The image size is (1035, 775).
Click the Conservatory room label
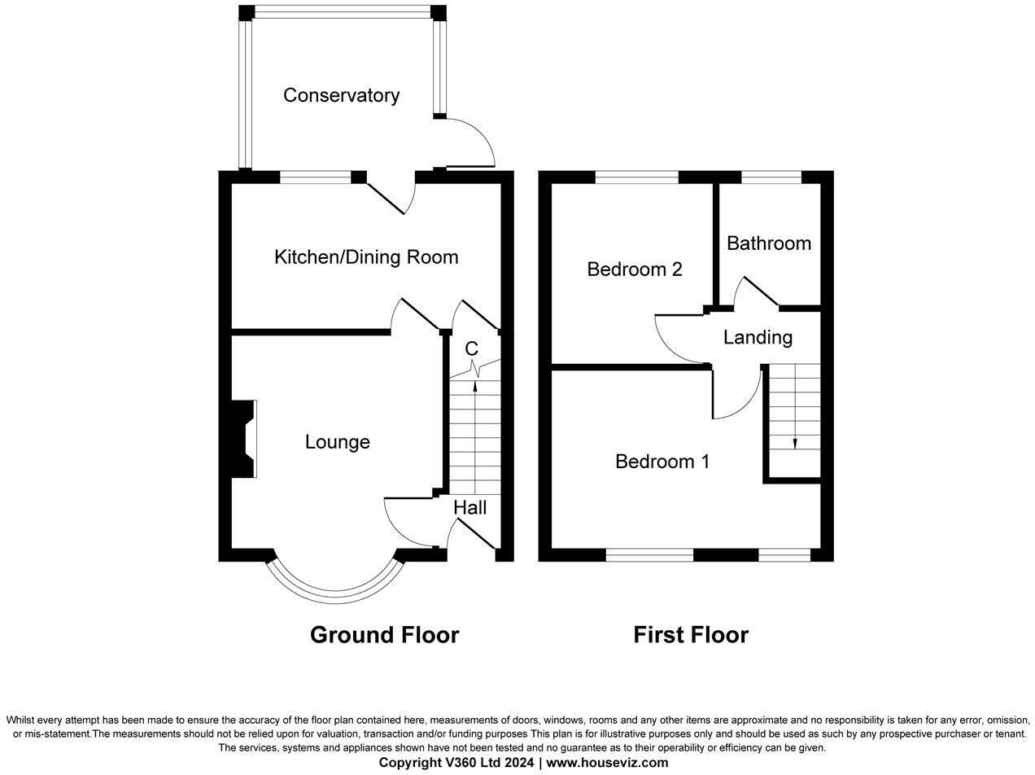click(x=341, y=95)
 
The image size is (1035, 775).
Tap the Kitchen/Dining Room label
click(x=366, y=257)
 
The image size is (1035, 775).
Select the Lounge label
click(x=337, y=442)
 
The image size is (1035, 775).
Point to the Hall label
click(x=469, y=508)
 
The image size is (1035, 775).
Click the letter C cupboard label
click(x=471, y=349)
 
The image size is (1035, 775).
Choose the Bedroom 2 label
click(x=634, y=269)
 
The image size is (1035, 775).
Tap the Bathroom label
click(x=768, y=243)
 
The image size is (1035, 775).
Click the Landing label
click(x=757, y=337)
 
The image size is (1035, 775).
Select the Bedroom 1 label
click(x=662, y=462)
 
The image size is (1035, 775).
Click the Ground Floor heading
click(x=384, y=635)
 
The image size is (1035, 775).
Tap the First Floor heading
click(x=690, y=635)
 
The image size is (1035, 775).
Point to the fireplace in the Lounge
click(x=244, y=439)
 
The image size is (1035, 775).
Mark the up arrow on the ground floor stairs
click(x=475, y=389)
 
